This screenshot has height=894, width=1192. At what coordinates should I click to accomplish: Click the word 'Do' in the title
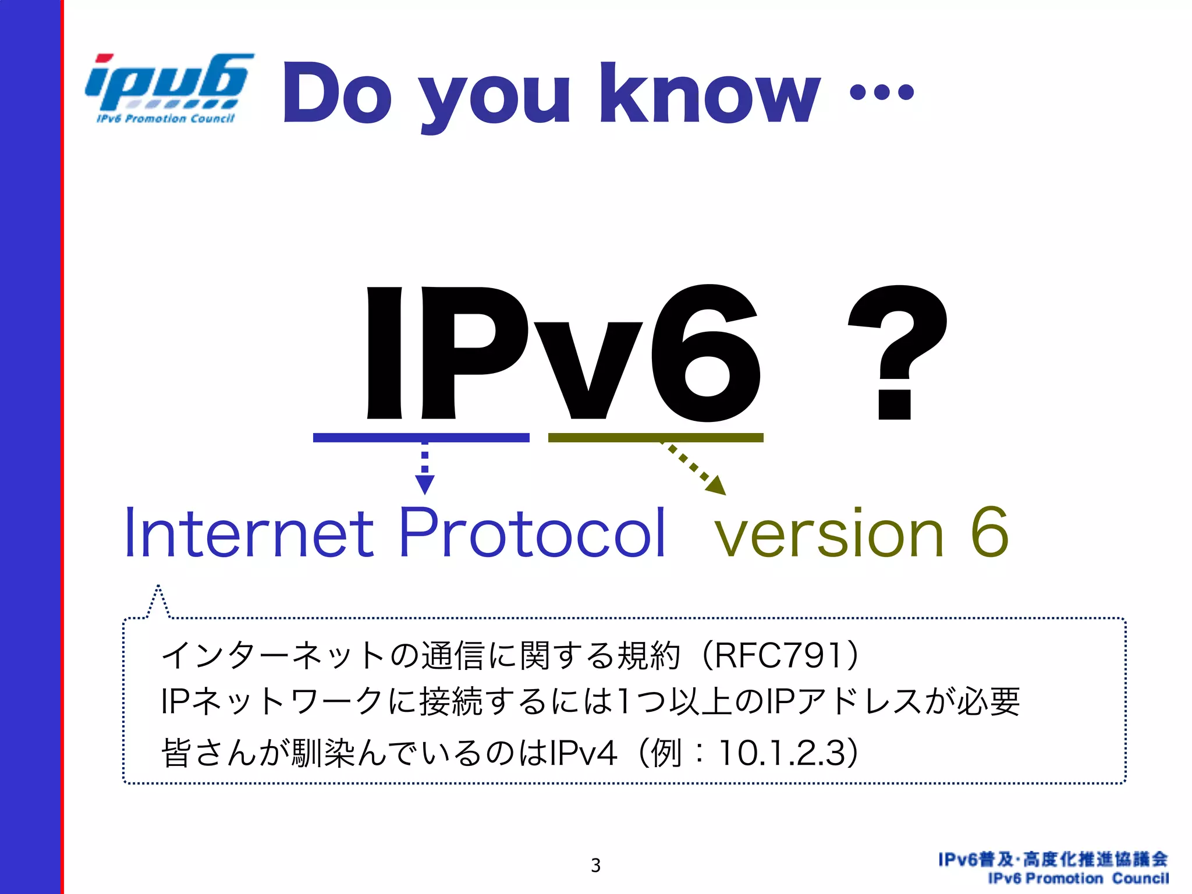click(337, 93)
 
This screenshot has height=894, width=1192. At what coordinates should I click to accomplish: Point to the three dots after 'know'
click(882, 92)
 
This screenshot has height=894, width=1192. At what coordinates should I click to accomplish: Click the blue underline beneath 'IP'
click(421, 438)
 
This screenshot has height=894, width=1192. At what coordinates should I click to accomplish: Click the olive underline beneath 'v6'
click(655, 438)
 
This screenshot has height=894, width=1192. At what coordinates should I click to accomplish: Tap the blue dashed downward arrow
click(425, 469)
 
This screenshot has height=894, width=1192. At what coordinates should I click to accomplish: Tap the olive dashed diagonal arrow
click(696, 469)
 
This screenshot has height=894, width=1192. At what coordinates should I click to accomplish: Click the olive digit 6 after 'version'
click(989, 533)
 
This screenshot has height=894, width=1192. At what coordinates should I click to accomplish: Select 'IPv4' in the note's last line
click(583, 753)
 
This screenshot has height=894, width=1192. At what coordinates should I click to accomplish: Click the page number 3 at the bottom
click(595, 865)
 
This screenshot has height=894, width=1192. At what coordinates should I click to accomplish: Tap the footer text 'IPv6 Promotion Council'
click(1078, 878)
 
